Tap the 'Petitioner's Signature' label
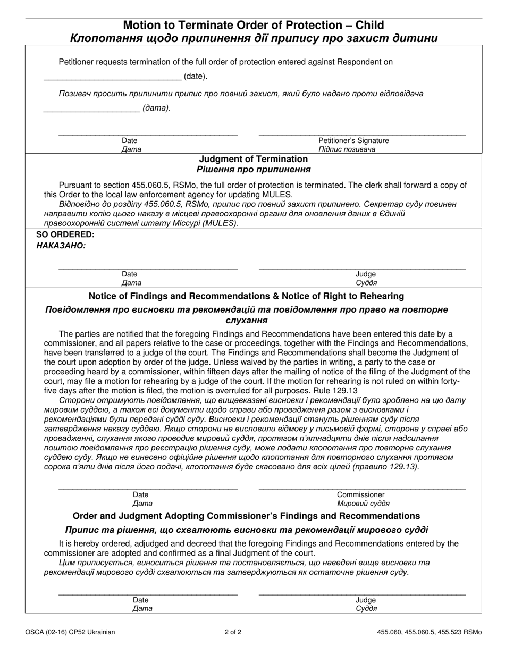(353, 140)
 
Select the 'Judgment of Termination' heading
(253, 159)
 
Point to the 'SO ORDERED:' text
(65, 234)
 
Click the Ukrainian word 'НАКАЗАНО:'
(61, 246)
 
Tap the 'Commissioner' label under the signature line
(360, 494)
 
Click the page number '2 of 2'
(233, 632)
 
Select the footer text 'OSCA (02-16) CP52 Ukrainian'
(70, 632)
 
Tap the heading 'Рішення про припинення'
(253, 170)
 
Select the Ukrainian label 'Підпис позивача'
(347, 149)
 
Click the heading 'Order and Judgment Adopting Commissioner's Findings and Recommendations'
(246, 516)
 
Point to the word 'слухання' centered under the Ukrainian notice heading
(246, 321)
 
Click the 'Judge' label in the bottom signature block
(366, 600)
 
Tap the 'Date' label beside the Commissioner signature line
(141, 494)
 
